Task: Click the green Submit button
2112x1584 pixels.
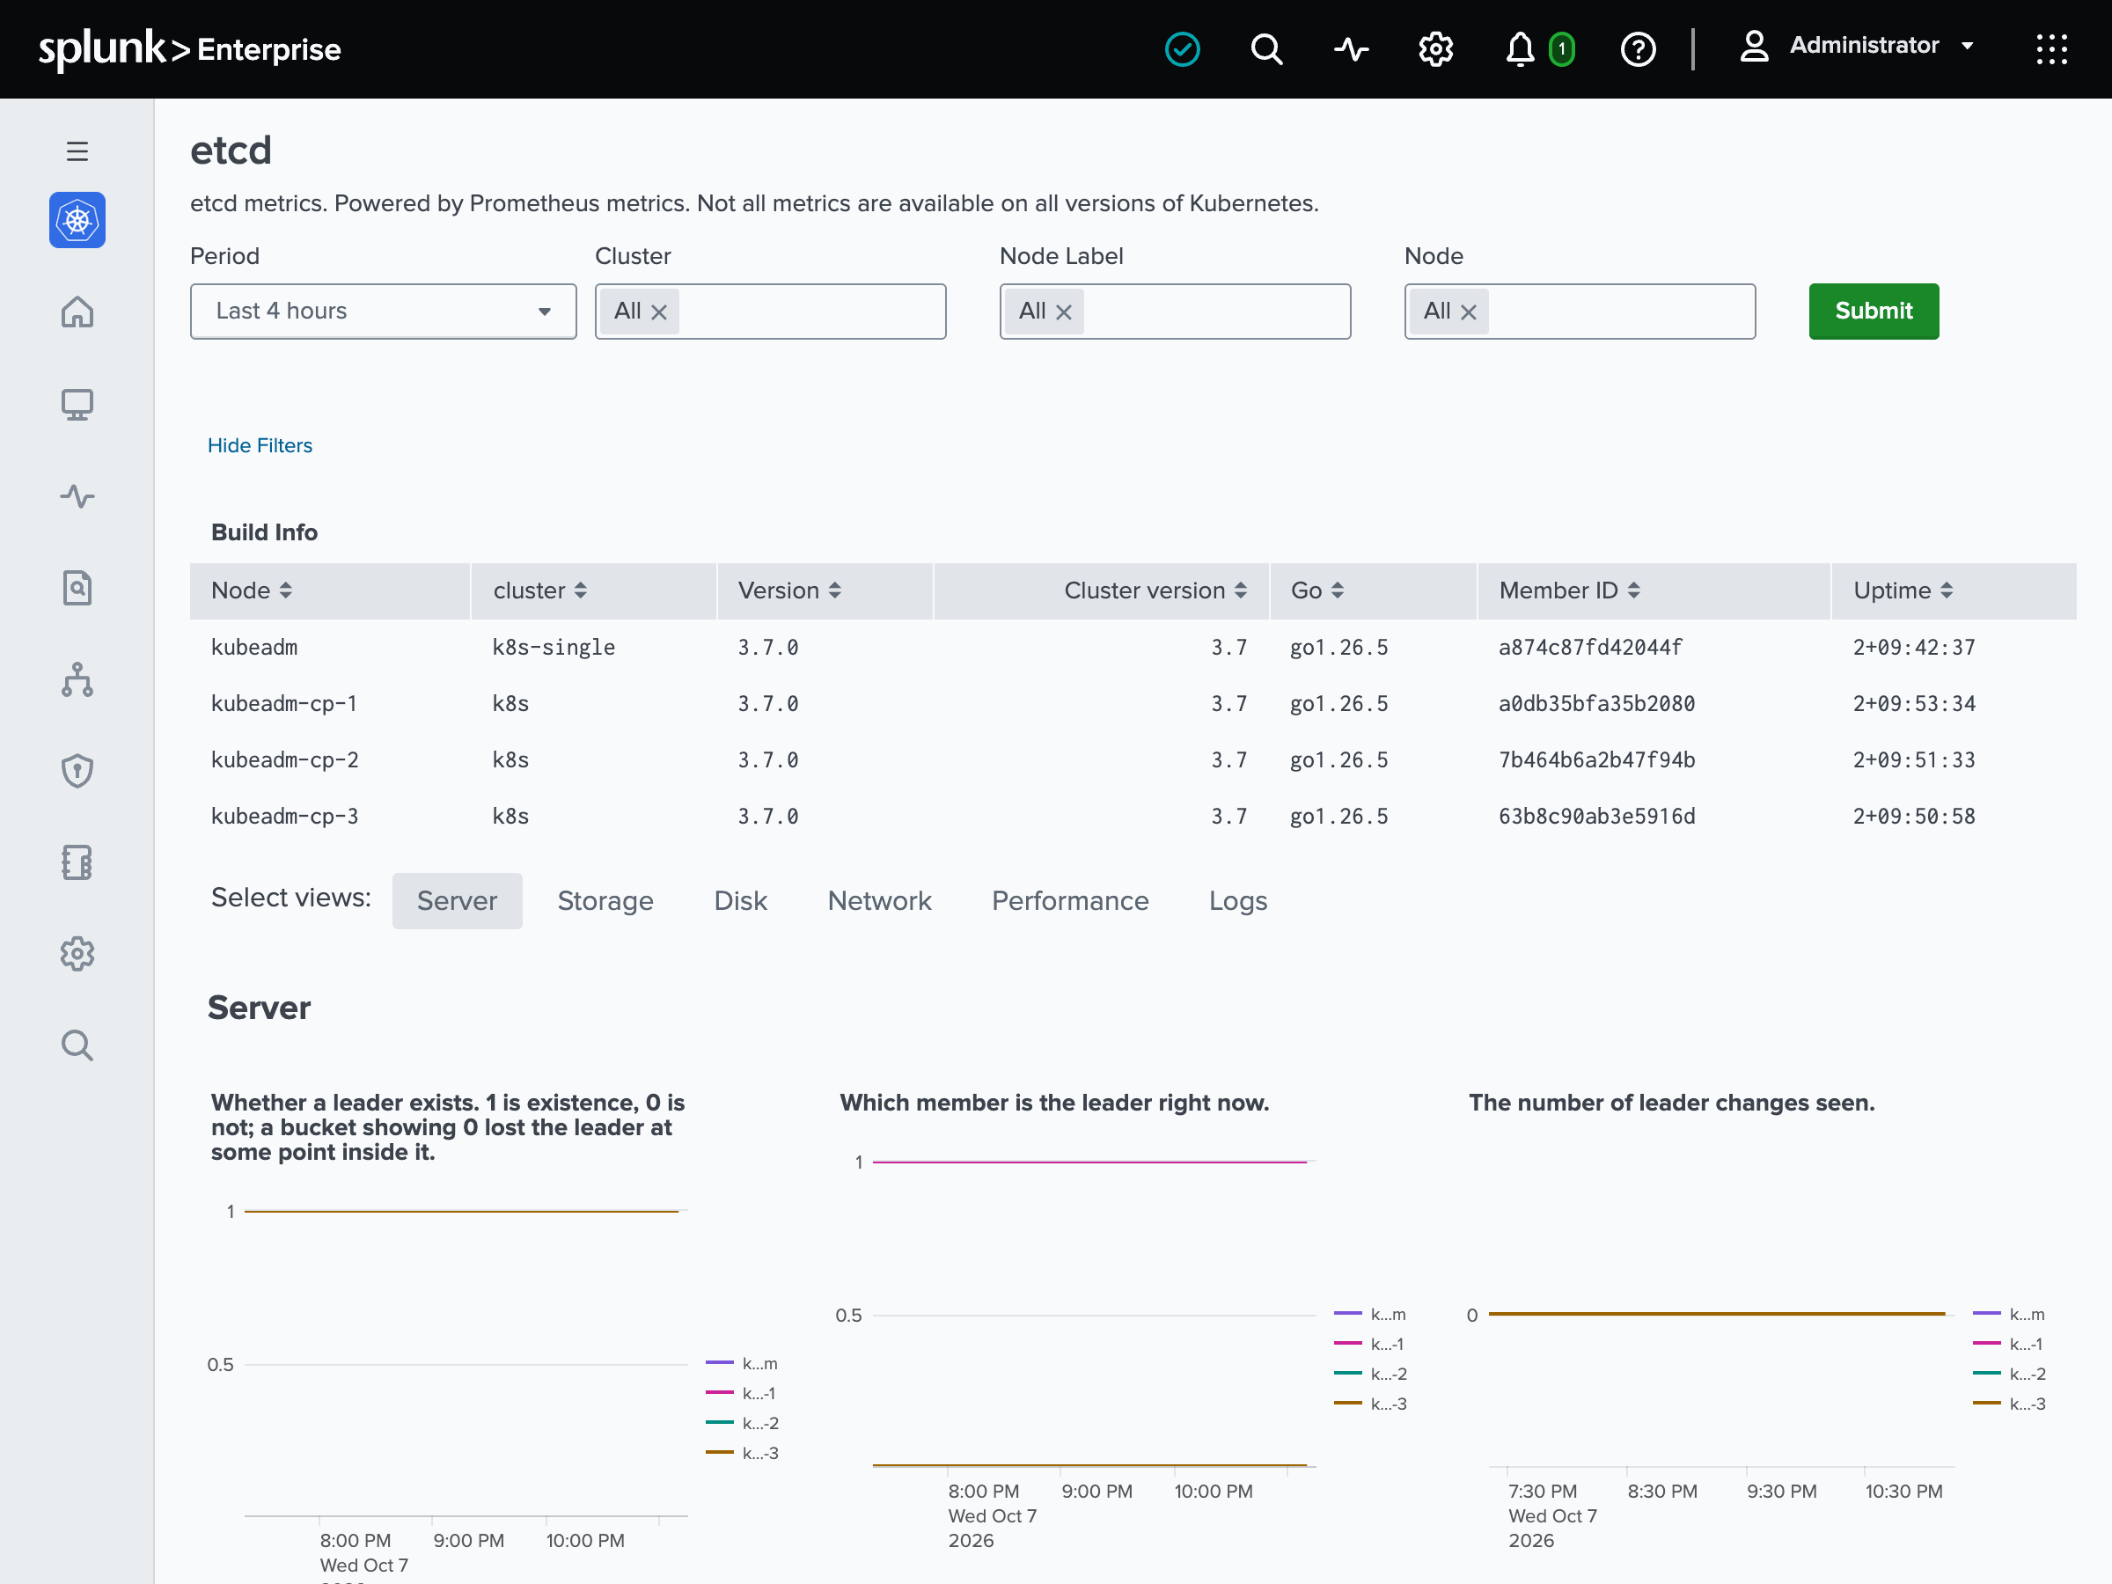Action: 1874,312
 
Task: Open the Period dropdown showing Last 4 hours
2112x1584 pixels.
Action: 383,312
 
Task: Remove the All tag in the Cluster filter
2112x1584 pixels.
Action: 659,312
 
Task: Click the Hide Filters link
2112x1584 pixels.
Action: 260,445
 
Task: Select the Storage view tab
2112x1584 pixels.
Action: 605,900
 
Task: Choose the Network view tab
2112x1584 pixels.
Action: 879,900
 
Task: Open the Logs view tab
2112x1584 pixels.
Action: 1238,900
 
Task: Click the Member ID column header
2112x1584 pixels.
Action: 1569,590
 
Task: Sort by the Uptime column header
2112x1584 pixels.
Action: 1903,590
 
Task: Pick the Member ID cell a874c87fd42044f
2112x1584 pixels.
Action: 1590,648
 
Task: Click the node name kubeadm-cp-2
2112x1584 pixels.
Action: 284,760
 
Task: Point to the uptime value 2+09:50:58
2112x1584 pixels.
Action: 1913,817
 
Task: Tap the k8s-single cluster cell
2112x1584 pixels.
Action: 554,648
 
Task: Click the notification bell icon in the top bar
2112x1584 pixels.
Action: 1519,48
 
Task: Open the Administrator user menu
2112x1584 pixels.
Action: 1856,46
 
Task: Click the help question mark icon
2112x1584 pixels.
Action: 1638,48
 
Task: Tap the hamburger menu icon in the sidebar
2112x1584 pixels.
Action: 77,150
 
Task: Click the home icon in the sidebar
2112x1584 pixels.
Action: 77,312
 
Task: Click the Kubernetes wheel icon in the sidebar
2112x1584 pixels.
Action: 77,221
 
